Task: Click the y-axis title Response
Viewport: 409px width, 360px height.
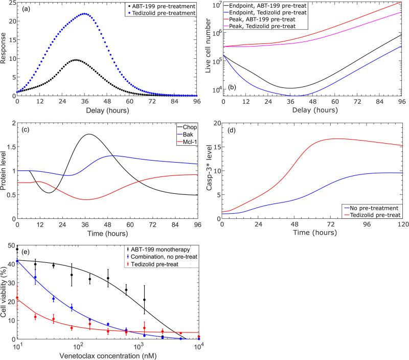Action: pyautogui.click(x=5, y=49)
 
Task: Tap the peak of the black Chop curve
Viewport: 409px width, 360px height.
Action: pyautogui.click(x=89, y=134)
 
